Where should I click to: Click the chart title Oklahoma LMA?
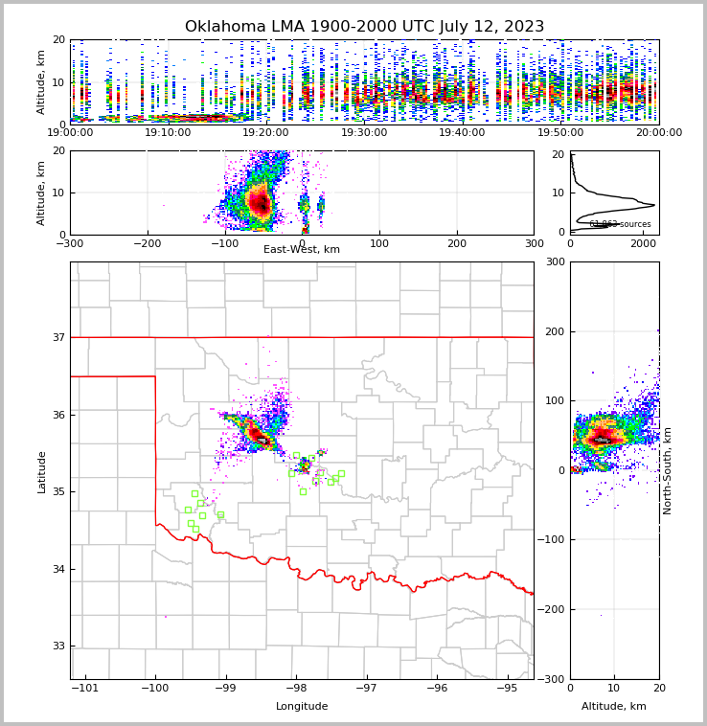click(364, 27)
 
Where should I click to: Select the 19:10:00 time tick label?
click(168, 132)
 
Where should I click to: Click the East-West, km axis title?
click(302, 249)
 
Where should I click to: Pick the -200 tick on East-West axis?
click(148, 244)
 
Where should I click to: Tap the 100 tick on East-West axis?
click(379, 244)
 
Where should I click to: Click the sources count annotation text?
click(620, 224)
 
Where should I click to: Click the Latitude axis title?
click(41, 471)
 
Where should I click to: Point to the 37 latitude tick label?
click(57, 337)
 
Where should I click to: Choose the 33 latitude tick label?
click(57, 646)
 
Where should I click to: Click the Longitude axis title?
click(302, 707)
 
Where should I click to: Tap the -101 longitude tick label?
click(85, 689)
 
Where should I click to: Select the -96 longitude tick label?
click(437, 689)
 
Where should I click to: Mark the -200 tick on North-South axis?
click(551, 609)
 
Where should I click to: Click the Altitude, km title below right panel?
click(614, 707)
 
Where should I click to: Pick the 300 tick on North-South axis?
click(555, 261)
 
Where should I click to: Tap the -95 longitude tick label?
click(508, 689)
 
